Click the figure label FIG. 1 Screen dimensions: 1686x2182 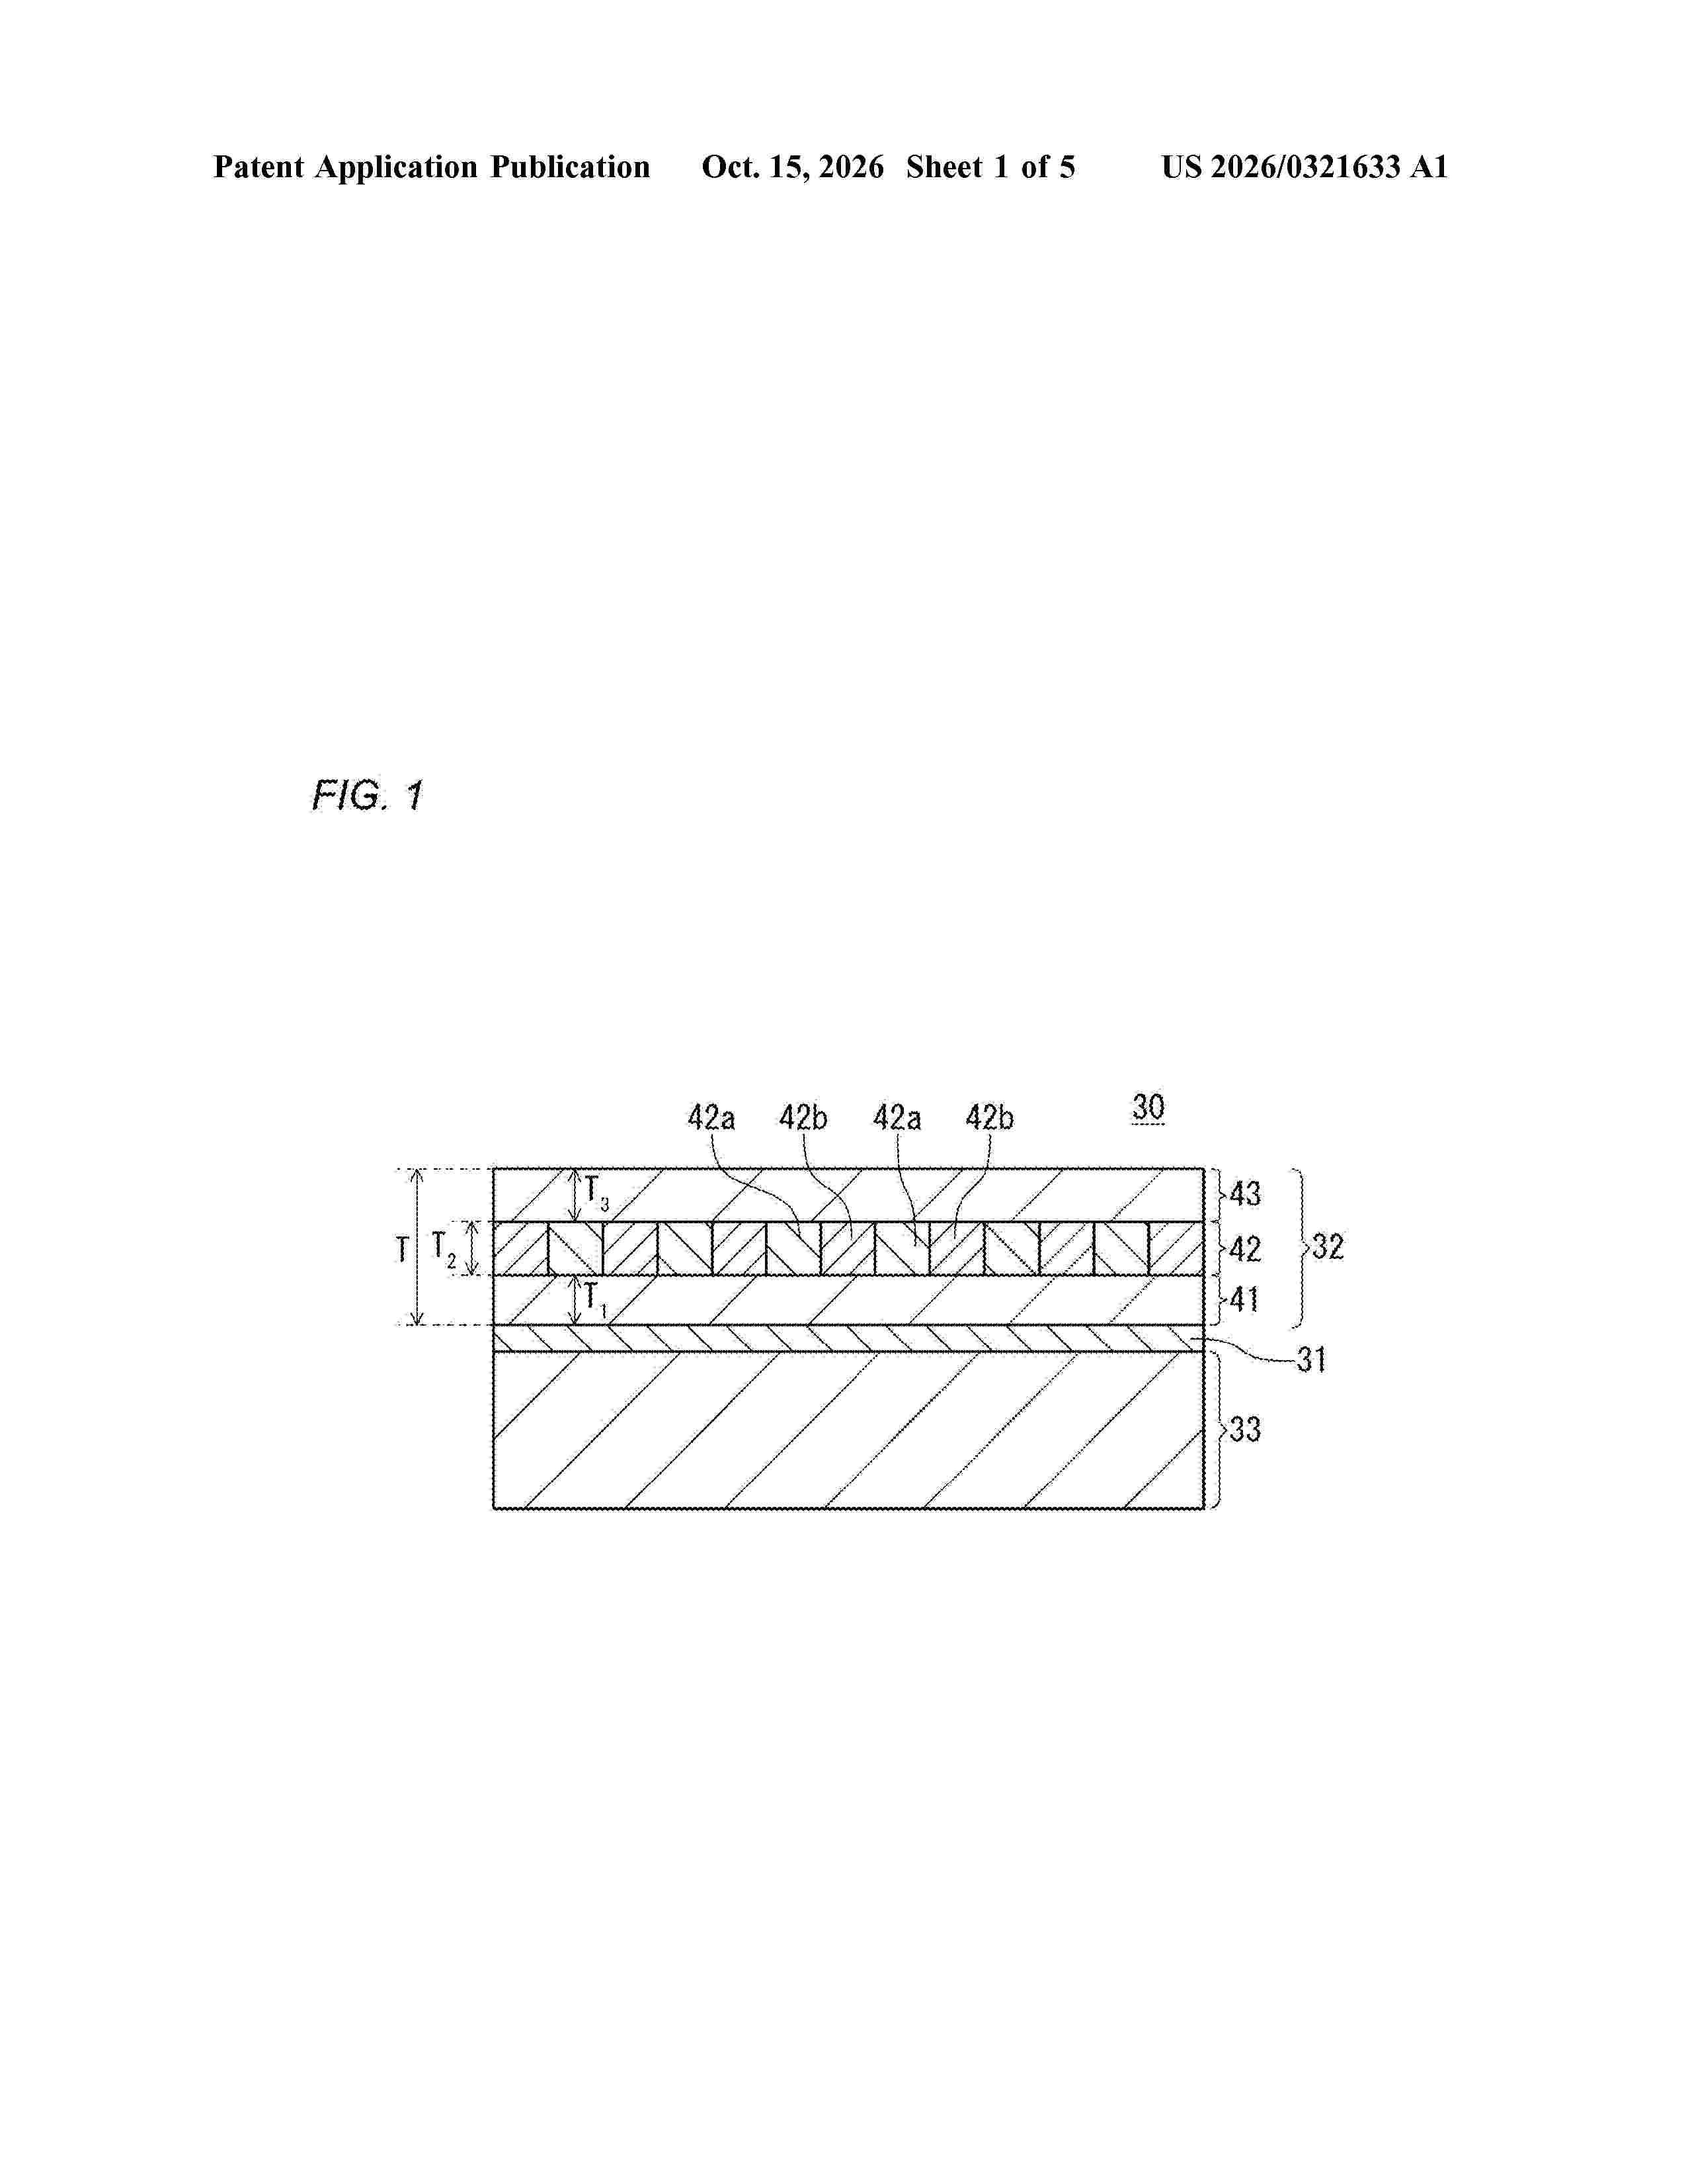coord(368,796)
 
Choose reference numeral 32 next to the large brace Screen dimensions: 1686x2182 coord(1326,1247)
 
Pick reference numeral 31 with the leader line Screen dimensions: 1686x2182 coord(1310,1359)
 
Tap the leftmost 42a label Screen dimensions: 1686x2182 coord(711,1118)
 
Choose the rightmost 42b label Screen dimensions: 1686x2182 coord(989,1118)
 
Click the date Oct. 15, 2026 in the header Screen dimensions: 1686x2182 coord(792,167)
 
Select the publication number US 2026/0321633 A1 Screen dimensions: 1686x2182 coord(1305,167)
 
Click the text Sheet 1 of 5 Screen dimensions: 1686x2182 coord(991,167)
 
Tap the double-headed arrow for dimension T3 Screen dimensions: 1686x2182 coord(575,1195)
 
